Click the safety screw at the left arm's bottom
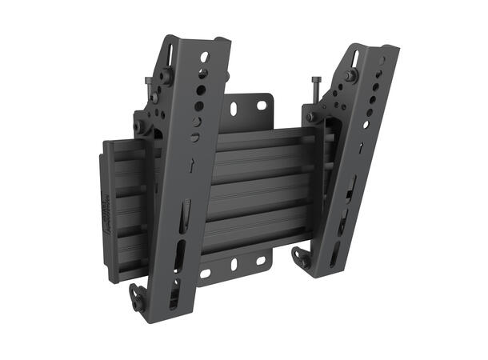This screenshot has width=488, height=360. click(x=138, y=302)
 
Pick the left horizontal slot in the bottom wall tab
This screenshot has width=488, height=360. click(x=206, y=273)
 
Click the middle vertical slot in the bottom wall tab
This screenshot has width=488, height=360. click(x=234, y=265)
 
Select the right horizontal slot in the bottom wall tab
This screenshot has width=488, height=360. click(x=261, y=261)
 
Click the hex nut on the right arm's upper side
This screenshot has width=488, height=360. click(x=350, y=76)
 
